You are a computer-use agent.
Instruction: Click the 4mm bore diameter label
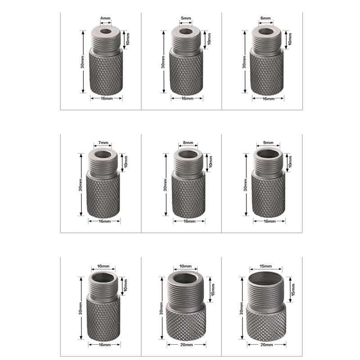pyautogui.click(x=105, y=18)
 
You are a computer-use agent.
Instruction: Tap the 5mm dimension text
pyautogui.click(x=186, y=18)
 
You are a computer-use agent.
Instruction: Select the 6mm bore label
pyautogui.click(x=265, y=18)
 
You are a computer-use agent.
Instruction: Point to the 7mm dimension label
pyautogui.click(x=103, y=143)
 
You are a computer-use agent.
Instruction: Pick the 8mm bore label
pyautogui.click(x=188, y=143)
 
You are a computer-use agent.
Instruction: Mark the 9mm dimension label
pyautogui.click(x=268, y=143)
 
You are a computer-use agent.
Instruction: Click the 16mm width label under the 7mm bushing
pyautogui.click(x=104, y=221)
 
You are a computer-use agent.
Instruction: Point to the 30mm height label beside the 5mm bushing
pyautogui.click(x=163, y=63)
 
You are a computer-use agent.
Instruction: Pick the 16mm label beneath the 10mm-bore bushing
pyautogui.click(x=104, y=345)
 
